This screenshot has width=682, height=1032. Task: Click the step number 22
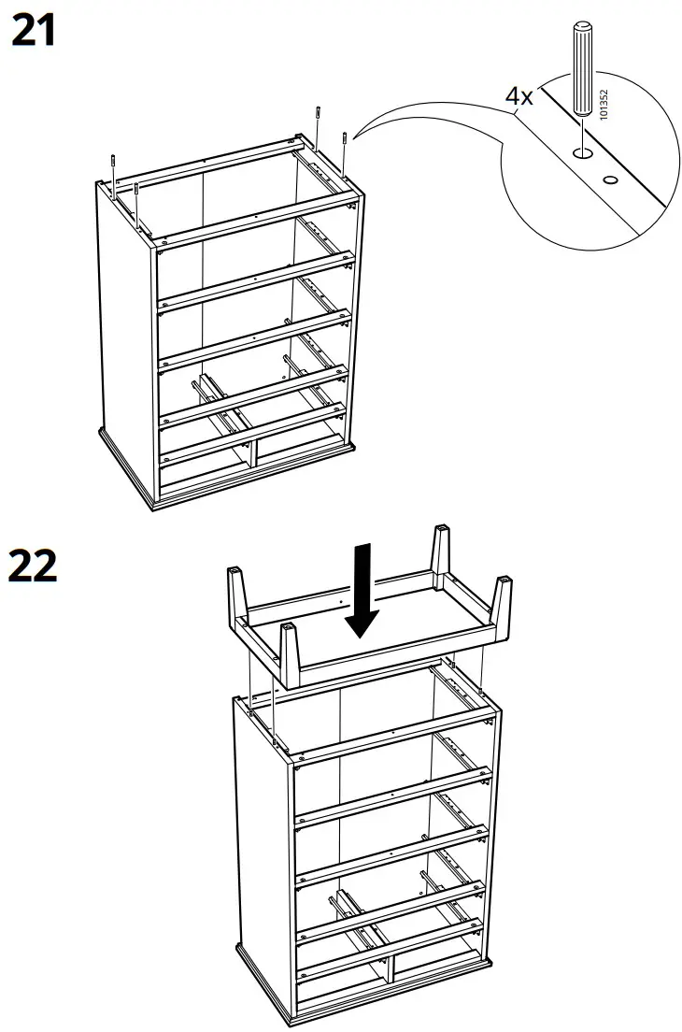(32, 566)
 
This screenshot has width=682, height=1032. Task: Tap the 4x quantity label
(519, 96)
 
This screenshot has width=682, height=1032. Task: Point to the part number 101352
(604, 104)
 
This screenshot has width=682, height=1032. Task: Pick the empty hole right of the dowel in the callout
(611, 179)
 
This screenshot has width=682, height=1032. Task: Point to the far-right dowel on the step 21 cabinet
(346, 150)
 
